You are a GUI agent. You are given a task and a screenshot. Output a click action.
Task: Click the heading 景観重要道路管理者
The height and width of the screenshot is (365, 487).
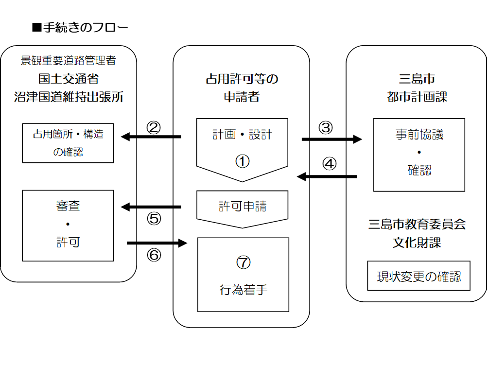(68, 61)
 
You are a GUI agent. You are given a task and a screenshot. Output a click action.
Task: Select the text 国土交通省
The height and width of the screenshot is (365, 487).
(68, 79)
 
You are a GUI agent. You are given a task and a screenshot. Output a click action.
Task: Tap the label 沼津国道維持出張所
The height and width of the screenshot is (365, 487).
(68, 97)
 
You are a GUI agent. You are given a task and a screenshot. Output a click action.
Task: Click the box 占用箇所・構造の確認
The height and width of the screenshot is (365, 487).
(68, 143)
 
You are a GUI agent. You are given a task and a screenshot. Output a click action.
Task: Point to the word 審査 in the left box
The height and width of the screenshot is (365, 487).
(68, 206)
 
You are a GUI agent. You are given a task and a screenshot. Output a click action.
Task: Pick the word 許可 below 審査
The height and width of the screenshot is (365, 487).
(68, 242)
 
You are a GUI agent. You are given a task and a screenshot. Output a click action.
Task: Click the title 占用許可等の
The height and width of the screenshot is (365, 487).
(242, 79)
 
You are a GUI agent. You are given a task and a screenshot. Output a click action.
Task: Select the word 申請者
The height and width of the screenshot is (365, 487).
(242, 97)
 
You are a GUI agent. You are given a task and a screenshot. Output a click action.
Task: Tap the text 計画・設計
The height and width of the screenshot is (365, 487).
(242, 135)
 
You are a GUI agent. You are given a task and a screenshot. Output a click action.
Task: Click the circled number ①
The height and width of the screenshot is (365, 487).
(242, 161)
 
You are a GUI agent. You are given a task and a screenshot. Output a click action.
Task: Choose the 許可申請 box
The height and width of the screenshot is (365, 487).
(242, 207)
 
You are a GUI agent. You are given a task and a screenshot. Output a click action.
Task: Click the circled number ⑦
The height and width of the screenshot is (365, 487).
(243, 262)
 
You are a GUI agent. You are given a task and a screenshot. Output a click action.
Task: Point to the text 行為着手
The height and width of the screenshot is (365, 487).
(243, 290)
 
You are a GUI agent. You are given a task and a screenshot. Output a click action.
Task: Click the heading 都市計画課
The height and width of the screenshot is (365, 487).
(417, 97)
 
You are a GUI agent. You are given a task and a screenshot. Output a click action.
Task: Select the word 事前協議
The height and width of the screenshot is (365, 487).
(419, 135)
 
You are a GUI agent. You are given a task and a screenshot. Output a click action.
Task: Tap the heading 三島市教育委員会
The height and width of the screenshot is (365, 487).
(417, 224)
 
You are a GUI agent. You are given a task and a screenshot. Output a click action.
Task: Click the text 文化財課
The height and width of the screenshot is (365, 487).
(417, 242)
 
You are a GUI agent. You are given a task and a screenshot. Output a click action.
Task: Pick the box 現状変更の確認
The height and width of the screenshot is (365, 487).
(419, 277)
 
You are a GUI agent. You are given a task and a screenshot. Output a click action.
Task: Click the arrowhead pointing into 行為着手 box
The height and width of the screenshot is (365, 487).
(183, 243)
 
